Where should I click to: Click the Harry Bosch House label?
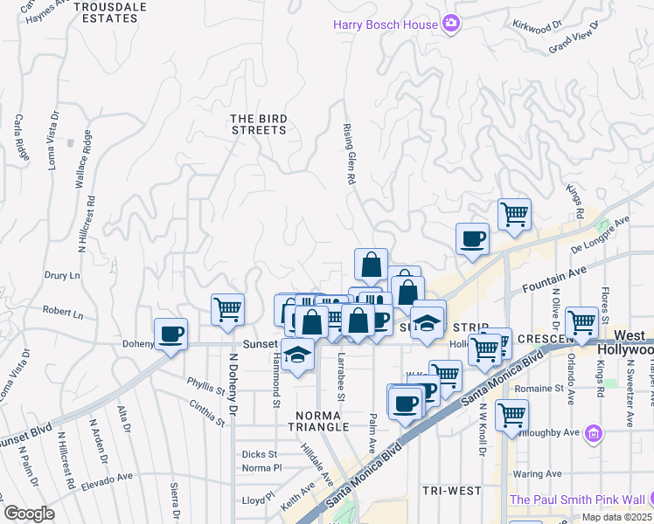point(385,24)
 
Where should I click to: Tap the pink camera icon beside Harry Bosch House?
point(451,23)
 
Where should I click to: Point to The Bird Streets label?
point(258,124)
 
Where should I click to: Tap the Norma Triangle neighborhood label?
point(323,421)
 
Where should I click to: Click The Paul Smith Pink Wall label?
point(576,500)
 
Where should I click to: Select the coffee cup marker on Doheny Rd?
point(170,333)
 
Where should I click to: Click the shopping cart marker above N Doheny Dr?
point(227,308)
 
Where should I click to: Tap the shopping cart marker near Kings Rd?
point(514,213)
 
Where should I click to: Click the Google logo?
point(29,514)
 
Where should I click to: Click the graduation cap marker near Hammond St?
point(298,356)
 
